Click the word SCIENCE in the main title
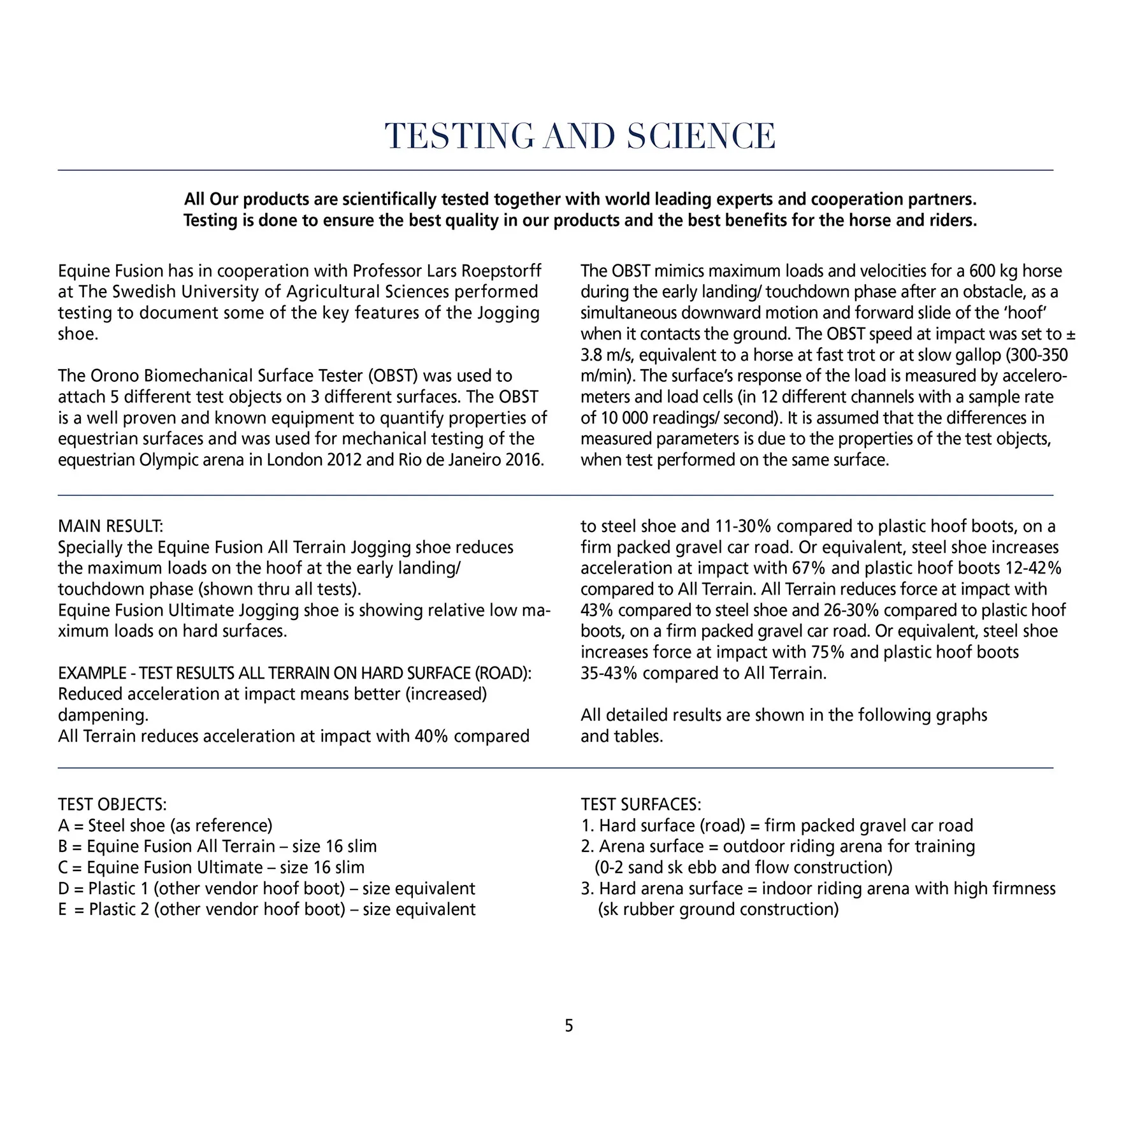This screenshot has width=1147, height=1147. (x=701, y=136)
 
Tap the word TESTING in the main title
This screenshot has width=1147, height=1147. (x=459, y=136)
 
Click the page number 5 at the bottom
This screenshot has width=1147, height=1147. (x=569, y=1026)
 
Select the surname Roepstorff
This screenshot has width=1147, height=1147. (x=501, y=271)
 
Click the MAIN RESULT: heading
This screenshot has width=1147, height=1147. (x=110, y=526)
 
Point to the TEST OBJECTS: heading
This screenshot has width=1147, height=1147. (x=112, y=804)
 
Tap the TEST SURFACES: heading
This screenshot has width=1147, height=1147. (x=640, y=804)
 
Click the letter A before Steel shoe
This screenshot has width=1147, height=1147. (x=63, y=826)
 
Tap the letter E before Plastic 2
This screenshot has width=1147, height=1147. (x=62, y=909)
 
